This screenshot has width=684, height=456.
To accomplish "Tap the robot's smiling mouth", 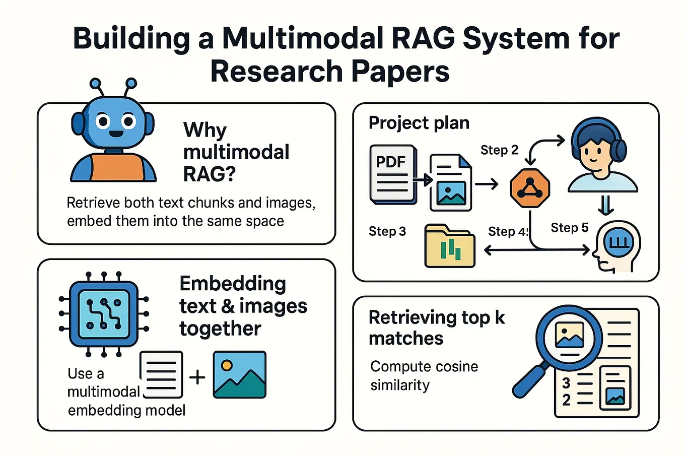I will pos(116,134).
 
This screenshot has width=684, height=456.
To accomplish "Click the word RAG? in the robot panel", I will pos(209,174).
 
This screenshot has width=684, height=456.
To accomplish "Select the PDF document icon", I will pos(393,174).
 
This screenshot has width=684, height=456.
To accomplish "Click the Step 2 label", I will pos(499,150).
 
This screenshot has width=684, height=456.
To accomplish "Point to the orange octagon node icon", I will pos(529,188).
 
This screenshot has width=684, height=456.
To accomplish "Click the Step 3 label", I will pos(387,231).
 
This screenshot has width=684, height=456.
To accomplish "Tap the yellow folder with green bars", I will pos(450,246).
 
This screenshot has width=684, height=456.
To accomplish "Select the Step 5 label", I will pos(569,228).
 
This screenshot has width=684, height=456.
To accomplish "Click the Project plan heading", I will pos(419,123).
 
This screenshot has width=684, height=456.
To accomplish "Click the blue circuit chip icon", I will pos(104,314).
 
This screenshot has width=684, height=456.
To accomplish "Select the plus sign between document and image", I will pos(197,377).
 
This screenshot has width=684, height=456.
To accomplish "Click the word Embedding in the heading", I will pos(232,284).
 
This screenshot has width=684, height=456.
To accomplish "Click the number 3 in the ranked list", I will pos(566,383).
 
